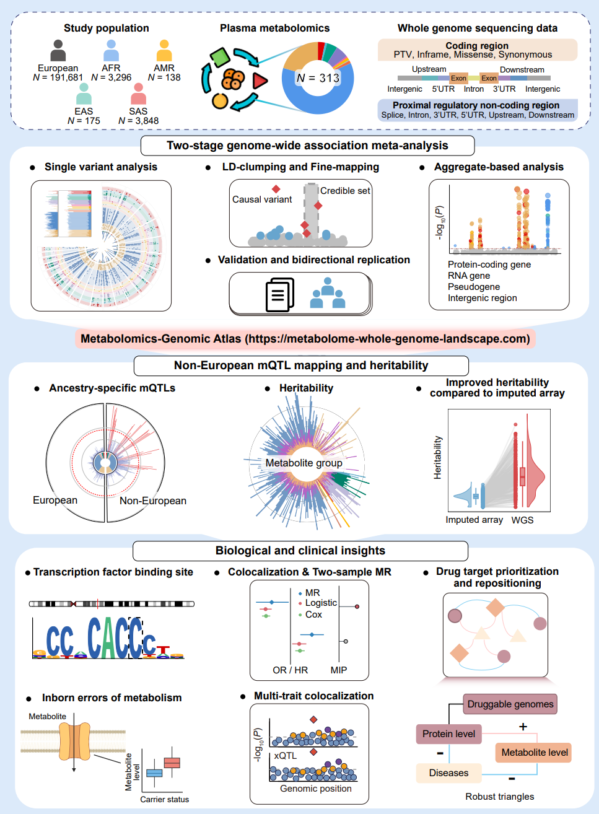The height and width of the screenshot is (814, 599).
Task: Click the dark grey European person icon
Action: pos(58,51)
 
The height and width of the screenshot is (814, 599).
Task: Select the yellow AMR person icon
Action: pos(164,51)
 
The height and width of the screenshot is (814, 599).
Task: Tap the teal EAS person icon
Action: pos(84,94)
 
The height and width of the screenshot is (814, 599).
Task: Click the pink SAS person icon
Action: pos(139,94)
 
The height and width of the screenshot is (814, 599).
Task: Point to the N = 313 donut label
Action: pos(318,78)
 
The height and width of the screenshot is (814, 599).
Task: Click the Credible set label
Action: pos(345,191)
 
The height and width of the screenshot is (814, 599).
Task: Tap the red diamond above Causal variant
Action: pos(276,189)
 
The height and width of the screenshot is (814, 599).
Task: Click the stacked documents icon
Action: pos(280,295)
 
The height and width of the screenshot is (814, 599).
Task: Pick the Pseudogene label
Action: pos(474,287)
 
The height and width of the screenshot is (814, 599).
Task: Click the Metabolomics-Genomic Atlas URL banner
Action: pos(305,339)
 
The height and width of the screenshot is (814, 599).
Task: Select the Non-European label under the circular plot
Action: pos(153,501)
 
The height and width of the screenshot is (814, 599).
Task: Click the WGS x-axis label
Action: pos(522,520)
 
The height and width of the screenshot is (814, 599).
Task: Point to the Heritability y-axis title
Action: pos(437,458)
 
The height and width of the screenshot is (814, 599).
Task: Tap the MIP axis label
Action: pos(339,670)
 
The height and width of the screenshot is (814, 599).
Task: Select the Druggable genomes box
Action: pos(510,704)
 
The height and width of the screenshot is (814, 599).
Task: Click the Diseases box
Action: pos(449,773)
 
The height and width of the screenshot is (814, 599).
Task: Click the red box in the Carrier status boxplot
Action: pos(172,763)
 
